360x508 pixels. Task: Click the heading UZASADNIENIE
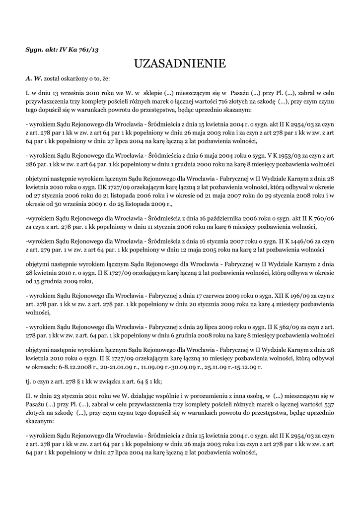coord(180,64)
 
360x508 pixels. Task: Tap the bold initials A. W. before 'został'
coord(34,79)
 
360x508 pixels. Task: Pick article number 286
coord(31,164)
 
